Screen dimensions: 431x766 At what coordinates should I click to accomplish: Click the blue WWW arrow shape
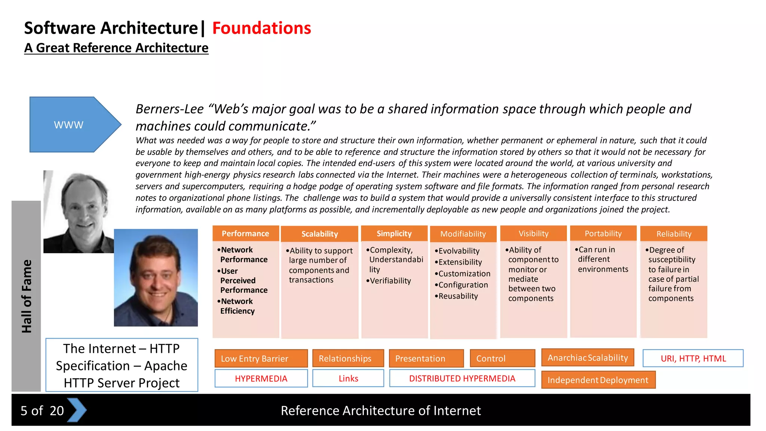click(x=71, y=125)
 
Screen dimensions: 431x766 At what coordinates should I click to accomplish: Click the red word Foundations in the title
click(x=261, y=28)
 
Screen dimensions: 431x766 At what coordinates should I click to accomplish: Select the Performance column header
click(x=245, y=233)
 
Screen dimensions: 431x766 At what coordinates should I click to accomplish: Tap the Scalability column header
click(x=319, y=234)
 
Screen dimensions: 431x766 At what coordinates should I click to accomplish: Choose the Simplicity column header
click(x=394, y=233)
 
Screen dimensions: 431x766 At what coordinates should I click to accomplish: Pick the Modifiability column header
click(x=463, y=234)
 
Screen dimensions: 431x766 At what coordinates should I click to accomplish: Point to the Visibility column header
click(x=533, y=233)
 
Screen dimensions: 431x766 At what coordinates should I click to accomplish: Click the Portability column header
click(x=603, y=233)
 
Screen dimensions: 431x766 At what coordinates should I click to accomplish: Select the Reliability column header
click(x=674, y=234)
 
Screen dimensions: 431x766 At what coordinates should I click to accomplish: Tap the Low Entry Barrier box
click(x=261, y=358)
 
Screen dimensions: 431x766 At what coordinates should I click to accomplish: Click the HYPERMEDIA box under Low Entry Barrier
click(x=261, y=379)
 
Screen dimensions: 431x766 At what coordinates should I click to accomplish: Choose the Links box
click(x=348, y=379)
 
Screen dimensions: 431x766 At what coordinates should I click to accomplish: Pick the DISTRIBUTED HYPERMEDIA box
click(x=462, y=379)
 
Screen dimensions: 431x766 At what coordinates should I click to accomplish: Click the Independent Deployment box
click(x=598, y=380)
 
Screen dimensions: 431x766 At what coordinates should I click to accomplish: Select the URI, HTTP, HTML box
click(x=693, y=358)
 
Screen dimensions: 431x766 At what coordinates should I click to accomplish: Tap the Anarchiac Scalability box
click(x=588, y=358)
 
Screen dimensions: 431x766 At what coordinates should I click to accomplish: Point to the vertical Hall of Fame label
click(x=26, y=296)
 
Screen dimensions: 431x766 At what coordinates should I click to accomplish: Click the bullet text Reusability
click(x=458, y=296)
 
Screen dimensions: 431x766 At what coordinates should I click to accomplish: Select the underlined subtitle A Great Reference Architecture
click(x=116, y=48)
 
